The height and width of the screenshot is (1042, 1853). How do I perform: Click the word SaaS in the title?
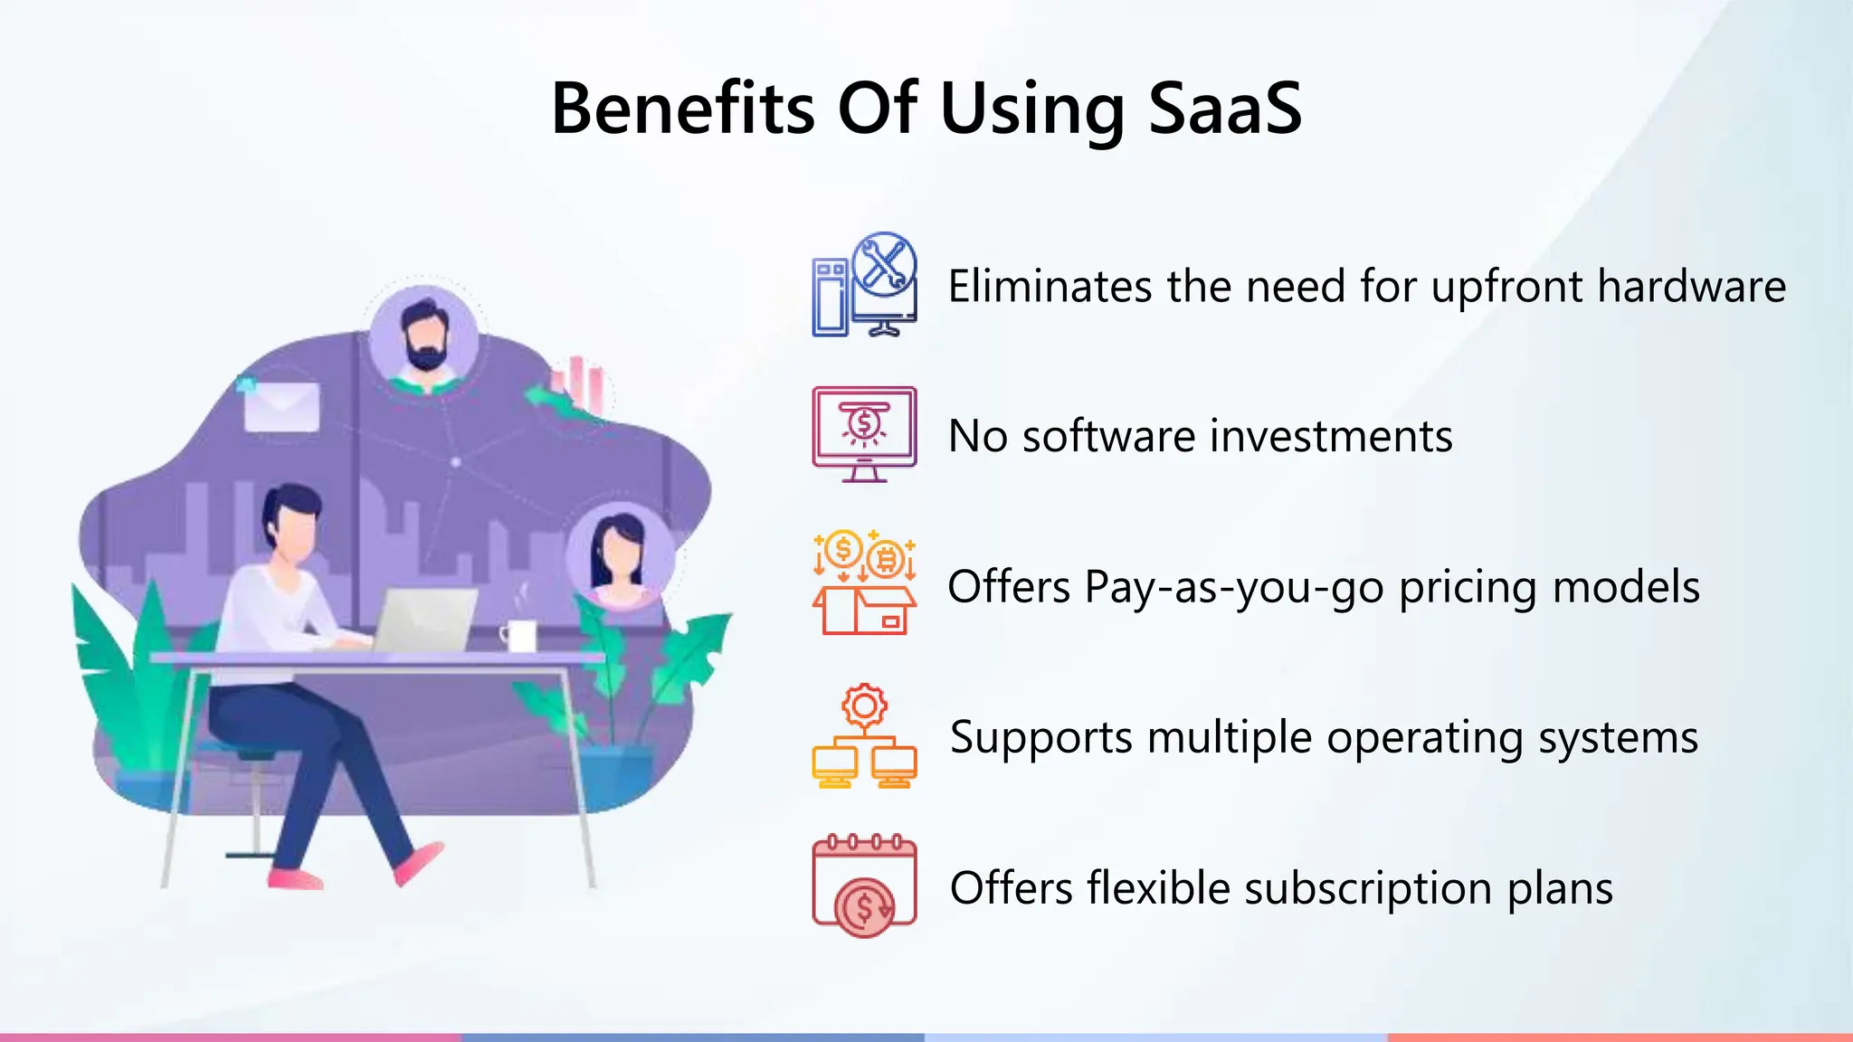[x=1225, y=109]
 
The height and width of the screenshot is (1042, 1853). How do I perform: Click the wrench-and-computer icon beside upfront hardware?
[x=864, y=285]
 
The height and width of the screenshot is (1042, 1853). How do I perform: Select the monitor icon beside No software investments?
[x=864, y=434]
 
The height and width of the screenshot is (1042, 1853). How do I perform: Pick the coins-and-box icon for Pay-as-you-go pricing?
[x=864, y=583]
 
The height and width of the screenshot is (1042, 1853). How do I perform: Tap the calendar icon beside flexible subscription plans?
[x=864, y=886]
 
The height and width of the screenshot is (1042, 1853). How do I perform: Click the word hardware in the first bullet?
[x=1691, y=286]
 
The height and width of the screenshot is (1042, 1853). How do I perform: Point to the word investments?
[x=1330, y=436]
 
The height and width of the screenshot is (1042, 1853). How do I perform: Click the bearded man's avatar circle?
[x=423, y=339]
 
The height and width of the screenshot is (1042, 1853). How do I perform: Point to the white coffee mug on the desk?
[x=519, y=635]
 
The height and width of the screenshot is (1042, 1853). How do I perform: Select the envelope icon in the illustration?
[x=281, y=406]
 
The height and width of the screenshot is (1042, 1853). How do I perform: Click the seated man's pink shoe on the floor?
[x=295, y=877]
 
